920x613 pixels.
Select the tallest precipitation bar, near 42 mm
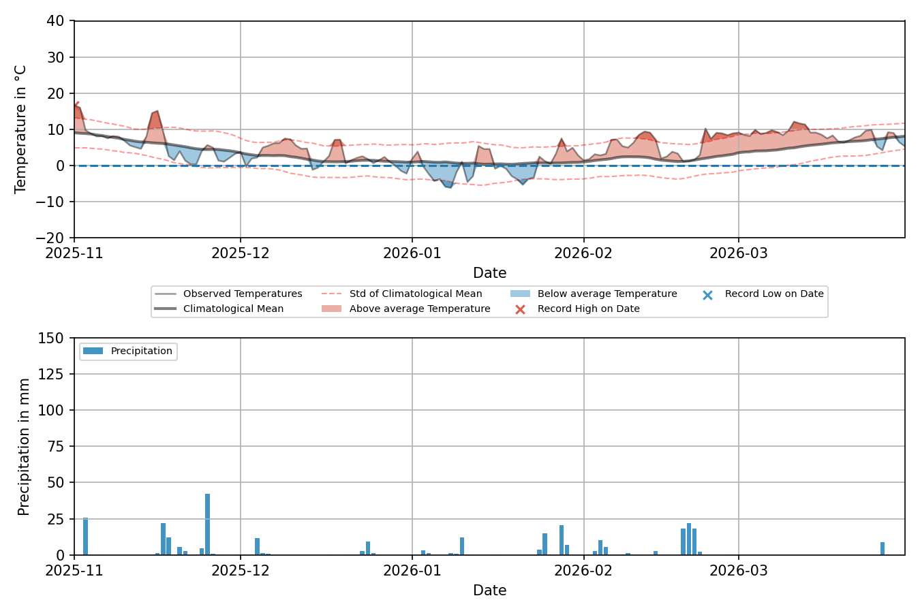(x=207, y=524)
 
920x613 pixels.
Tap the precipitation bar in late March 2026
(x=883, y=548)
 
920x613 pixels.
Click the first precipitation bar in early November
(x=85, y=536)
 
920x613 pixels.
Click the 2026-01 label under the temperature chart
(x=412, y=253)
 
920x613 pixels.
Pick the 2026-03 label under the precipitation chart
(x=738, y=570)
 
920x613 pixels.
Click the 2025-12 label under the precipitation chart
(x=240, y=570)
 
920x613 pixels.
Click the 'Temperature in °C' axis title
(x=21, y=129)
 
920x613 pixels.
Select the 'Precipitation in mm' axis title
(x=25, y=447)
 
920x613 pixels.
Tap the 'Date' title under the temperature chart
(x=489, y=273)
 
